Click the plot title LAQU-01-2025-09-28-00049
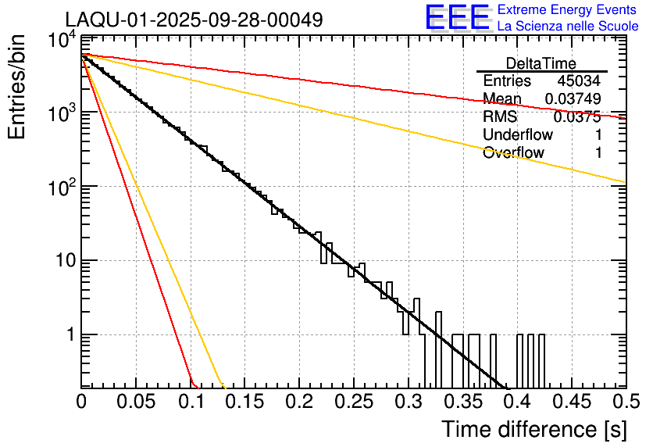pyautogui.click(x=194, y=20)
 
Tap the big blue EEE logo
pyautogui.click(x=457, y=18)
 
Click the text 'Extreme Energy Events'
pyautogui.click(x=568, y=10)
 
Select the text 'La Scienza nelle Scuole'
pyautogui.click(x=568, y=27)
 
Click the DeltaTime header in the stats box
pyautogui.click(x=541, y=63)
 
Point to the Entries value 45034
pyautogui.click(x=579, y=81)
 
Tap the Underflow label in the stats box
pyautogui.click(x=518, y=134)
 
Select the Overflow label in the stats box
pyautogui.click(x=513, y=152)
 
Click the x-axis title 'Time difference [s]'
pyautogui.click(x=533, y=429)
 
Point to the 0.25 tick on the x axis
pyautogui.click(x=353, y=402)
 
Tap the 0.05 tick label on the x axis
pyautogui.click(x=135, y=402)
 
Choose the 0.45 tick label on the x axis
pyautogui.click(x=571, y=402)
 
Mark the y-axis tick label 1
pyautogui.click(x=69, y=334)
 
